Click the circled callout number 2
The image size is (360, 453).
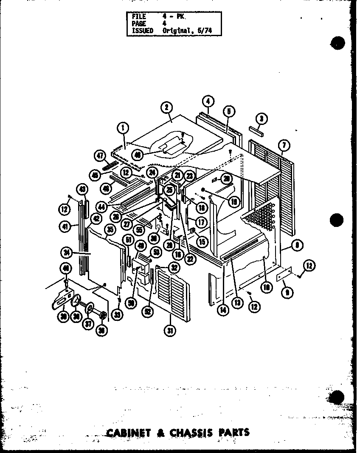[166, 108]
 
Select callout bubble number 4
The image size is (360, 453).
[208, 102]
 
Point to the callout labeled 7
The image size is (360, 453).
[284, 145]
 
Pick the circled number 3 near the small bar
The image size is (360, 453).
[262, 119]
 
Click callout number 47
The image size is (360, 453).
[101, 156]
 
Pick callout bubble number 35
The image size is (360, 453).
[110, 230]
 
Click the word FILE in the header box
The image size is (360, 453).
[139, 17]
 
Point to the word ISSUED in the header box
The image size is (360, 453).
[142, 31]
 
